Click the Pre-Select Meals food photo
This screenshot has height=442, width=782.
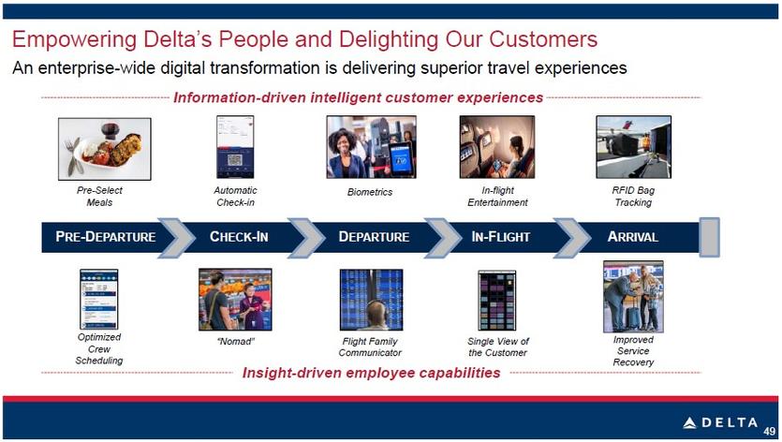point(104,149)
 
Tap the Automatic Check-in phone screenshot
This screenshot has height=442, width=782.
point(235,147)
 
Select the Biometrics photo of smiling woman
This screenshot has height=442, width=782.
point(371,147)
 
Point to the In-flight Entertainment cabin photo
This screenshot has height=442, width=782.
point(496,147)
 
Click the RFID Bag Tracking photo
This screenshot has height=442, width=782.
point(633,147)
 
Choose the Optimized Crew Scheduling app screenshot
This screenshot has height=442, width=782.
point(98,299)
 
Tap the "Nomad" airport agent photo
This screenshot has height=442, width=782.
point(235,300)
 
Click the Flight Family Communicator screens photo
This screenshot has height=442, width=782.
point(371,300)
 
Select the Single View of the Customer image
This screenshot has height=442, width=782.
point(496,301)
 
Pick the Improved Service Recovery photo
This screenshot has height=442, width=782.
point(633,296)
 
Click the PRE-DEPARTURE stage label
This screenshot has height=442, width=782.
point(106,237)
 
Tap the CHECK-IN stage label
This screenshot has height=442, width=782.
point(239,237)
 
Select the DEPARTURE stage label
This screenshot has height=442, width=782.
point(374,237)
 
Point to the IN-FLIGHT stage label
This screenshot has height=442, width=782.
point(501,237)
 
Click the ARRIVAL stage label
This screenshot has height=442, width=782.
point(633,237)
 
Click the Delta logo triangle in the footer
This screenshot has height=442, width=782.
point(689,423)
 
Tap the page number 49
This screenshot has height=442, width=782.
point(770,432)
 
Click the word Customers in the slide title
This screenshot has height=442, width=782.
point(543,39)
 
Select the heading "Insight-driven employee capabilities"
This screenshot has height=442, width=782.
point(371,373)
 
